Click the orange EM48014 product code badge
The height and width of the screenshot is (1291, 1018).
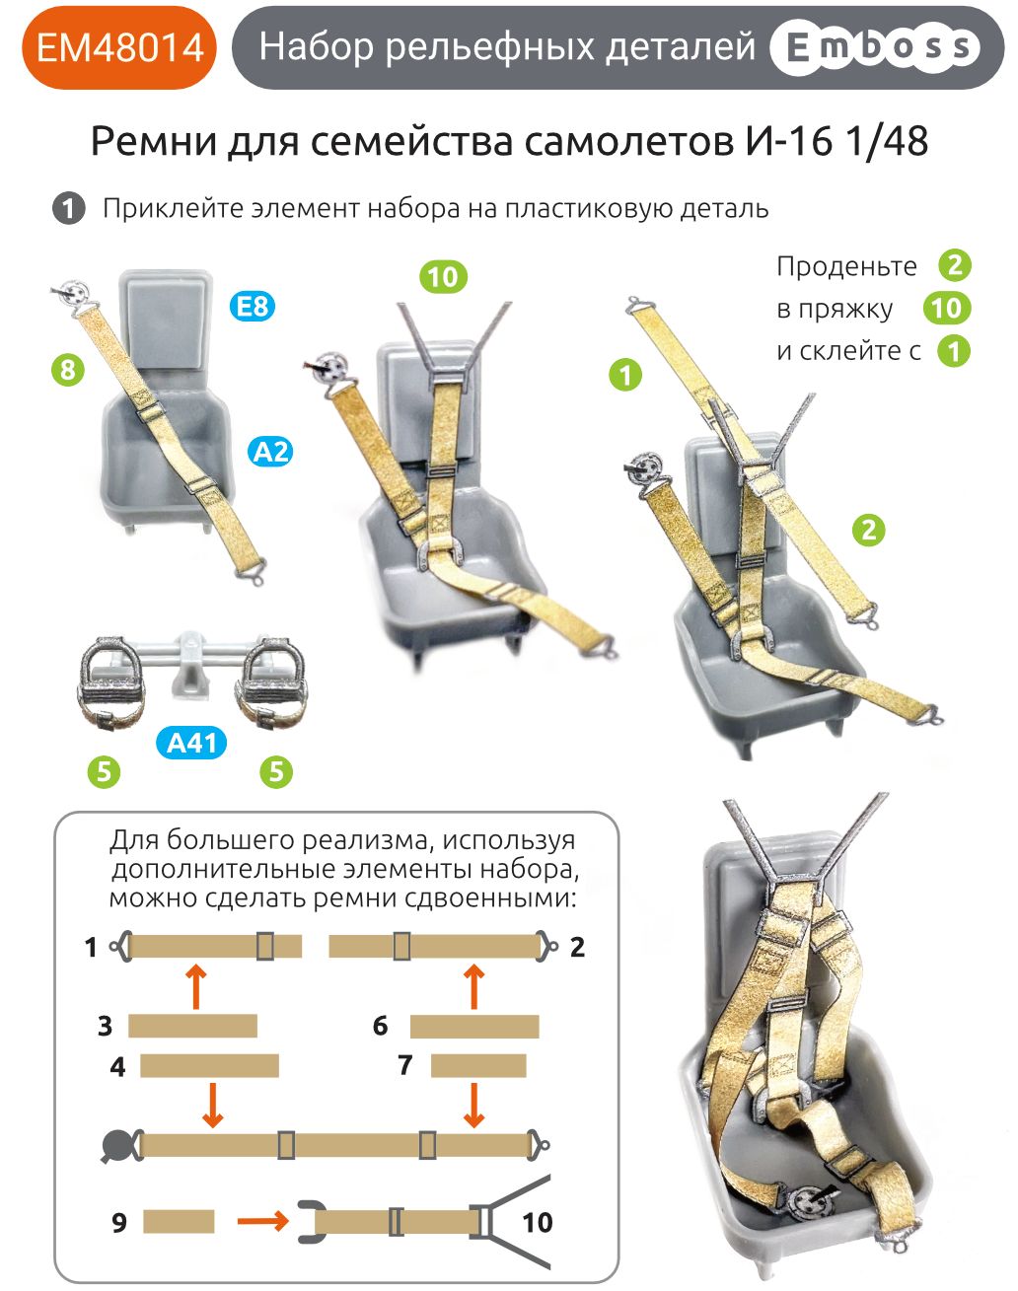[118, 47]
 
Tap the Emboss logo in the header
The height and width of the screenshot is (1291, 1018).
[873, 47]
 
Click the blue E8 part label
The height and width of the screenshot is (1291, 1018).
[253, 306]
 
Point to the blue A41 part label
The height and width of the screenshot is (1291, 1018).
[191, 742]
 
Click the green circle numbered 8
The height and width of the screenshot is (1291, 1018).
[67, 370]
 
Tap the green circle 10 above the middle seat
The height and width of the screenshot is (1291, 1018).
[443, 277]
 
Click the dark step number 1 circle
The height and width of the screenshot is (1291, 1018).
[68, 209]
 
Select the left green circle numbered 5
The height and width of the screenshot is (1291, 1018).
[104, 771]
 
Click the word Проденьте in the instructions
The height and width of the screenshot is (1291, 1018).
[845, 267]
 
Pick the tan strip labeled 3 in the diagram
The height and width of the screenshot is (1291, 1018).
[192, 1026]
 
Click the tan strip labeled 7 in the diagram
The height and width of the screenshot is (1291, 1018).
[478, 1065]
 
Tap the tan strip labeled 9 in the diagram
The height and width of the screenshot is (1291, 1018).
[179, 1221]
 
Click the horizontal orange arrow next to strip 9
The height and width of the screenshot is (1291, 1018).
[261, 1221]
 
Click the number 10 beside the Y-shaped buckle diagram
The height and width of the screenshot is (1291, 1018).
[537, 1223]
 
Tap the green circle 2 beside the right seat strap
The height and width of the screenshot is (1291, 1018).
[868, 530]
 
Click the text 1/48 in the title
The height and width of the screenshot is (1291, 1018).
[887, 142]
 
